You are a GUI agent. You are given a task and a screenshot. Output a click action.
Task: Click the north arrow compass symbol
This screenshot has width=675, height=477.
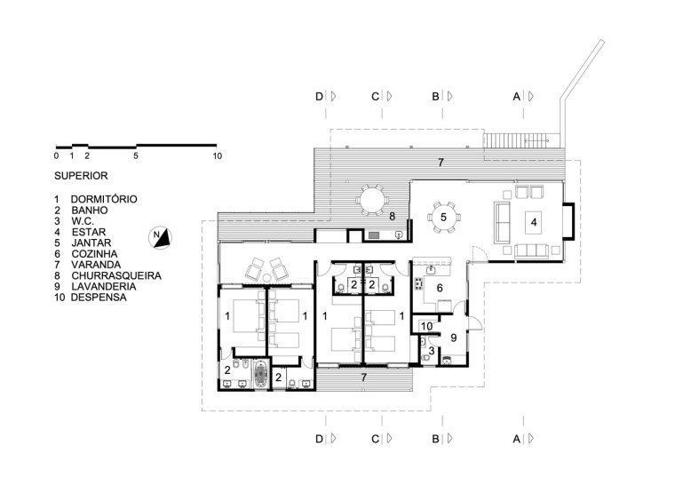161,237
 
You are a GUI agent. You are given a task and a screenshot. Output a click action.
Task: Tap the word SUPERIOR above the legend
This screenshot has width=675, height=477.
81,176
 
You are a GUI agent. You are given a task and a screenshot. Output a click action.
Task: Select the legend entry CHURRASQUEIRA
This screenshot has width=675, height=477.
116,275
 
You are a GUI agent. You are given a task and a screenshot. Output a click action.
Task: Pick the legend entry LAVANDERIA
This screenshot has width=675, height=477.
104,286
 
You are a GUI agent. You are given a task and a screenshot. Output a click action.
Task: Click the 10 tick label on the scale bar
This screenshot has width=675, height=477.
218,155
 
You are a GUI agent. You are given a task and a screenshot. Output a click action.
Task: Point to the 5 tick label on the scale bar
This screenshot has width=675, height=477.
136,155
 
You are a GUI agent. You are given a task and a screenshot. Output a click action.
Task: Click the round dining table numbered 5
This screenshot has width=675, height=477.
443,218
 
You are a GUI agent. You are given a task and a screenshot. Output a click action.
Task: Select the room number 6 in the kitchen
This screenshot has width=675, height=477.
440,288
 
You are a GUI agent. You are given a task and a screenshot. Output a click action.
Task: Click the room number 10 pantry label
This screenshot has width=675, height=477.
426,326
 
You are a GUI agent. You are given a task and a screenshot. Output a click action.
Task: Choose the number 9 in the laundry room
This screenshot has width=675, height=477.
453,338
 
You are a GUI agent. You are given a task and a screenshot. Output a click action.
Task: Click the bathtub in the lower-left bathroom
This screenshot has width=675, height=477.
261,375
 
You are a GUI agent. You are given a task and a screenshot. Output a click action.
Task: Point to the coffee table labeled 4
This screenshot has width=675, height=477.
534,223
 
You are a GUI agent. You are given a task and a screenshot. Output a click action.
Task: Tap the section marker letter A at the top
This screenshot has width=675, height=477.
517,97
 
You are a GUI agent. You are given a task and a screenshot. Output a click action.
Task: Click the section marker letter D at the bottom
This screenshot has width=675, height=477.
319,439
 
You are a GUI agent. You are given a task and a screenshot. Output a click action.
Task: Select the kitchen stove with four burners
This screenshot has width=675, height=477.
417,284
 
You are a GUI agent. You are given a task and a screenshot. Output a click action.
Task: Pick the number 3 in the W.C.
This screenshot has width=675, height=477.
432,351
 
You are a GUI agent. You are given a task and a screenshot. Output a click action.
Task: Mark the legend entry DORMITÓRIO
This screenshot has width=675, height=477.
104,199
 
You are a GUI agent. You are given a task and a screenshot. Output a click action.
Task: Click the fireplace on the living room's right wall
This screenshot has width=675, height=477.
568,221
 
